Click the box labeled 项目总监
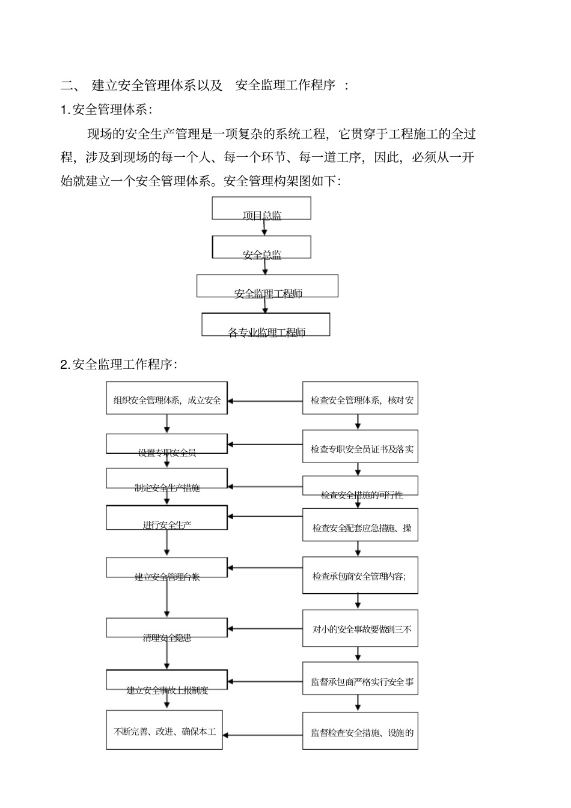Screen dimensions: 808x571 [x=261, y=208]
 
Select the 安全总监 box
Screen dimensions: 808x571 [x=261, y=247]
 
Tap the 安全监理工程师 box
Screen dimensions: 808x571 [x=267, y=286]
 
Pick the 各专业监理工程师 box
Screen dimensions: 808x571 [x=266, y=324]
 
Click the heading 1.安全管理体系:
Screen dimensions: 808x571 [x=106, y=110]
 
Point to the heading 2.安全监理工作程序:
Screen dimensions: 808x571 [x=118, y=365]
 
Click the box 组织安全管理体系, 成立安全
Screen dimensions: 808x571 [x=167, y=398]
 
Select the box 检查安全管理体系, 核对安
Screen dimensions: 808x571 [x=359, y=398]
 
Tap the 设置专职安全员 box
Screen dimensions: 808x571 [x=167, y=444]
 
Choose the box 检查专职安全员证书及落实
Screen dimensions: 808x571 [x=359, y=446]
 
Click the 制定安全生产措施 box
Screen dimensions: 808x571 [x=167, y=479]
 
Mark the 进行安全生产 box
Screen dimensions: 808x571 [x=167, y=517]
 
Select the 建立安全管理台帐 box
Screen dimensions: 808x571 [x=167, y=568]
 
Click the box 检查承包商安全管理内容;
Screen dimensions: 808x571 [x=359, y=575]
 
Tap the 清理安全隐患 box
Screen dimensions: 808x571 [x=167, y=628]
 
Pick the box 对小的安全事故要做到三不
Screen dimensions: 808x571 [x=359, y=628]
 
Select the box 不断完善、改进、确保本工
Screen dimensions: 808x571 [x=165, y=730]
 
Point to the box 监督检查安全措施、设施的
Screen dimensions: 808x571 [x=359, y=731]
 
